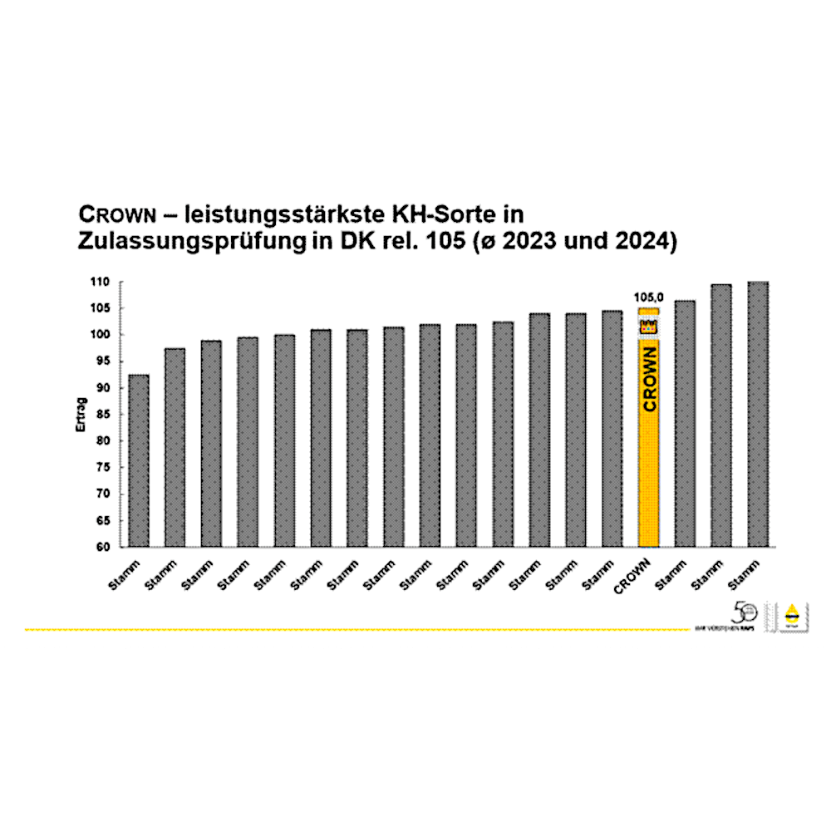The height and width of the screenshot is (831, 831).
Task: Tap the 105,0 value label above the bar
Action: point(649,297)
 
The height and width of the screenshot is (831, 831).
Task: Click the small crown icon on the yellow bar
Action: point(648,327)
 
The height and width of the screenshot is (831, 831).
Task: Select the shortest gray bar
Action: point(139,461)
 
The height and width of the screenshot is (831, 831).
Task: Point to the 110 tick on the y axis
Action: point(101,283)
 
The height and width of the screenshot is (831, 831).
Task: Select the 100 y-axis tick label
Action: point(101,335)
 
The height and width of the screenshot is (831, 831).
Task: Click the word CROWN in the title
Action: point(118,214)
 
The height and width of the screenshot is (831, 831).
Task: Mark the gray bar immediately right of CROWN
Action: point(685,424)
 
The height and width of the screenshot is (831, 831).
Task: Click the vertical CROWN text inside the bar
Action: point(649,379)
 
